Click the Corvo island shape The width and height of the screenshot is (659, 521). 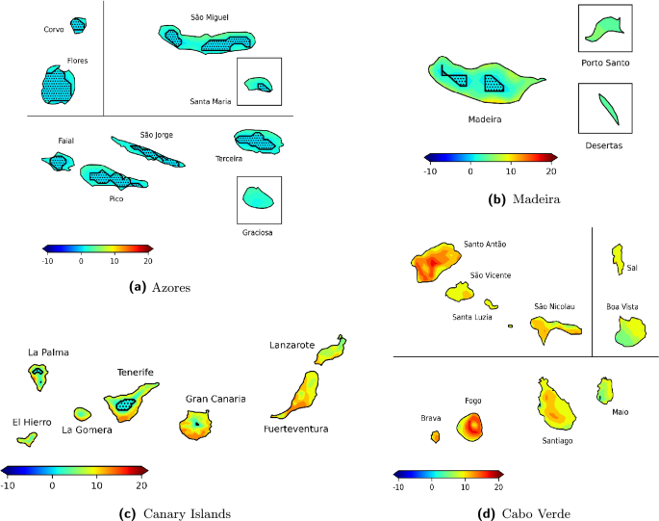tap(78, 25)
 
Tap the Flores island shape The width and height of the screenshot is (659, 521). tap(57, 86)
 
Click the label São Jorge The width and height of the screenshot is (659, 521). tap(156, 135)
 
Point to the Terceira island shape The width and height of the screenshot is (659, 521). tap(256, 142)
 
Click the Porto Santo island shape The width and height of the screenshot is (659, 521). tap(606, 28)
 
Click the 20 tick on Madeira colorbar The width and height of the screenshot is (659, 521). tap(550, 170)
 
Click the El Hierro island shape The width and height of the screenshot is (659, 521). tap(27, 439)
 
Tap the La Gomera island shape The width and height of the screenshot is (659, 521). tap(83, 413)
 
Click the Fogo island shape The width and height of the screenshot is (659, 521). tap(471, 425)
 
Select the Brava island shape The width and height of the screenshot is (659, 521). tap(435, 436)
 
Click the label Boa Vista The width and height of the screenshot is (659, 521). tap(621, 307)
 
